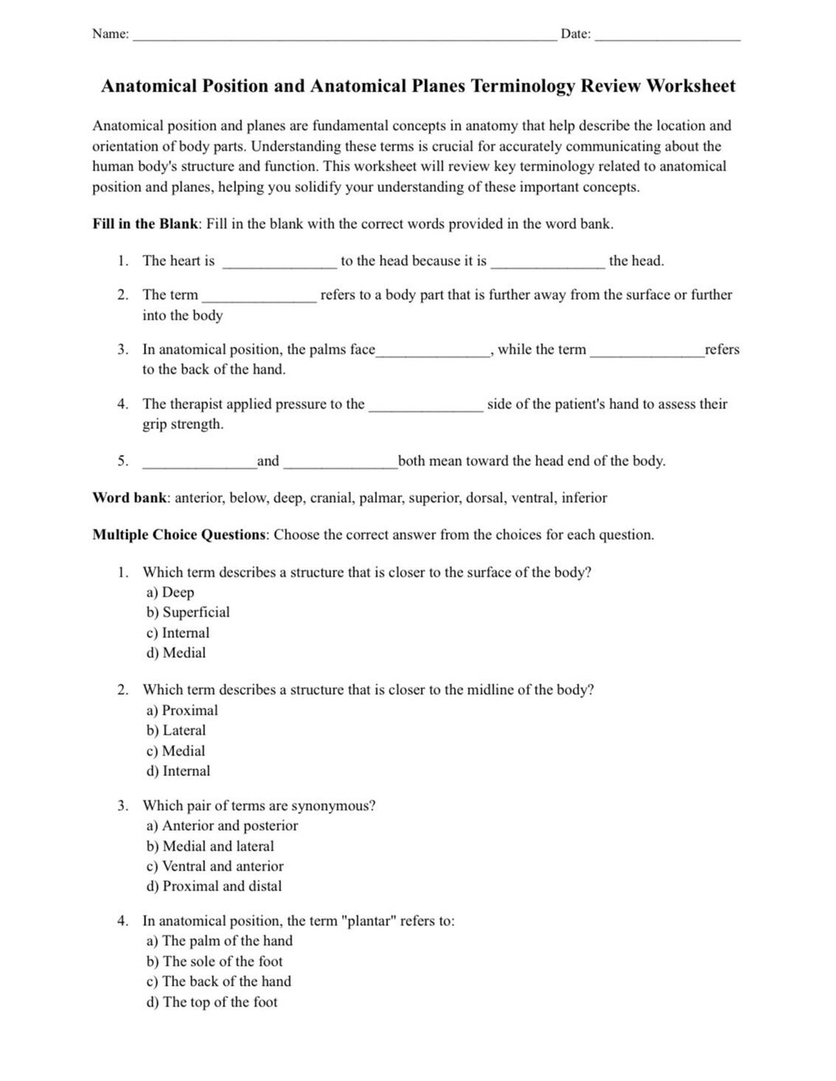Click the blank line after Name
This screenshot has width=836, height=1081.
344,36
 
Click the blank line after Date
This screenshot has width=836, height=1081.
667,36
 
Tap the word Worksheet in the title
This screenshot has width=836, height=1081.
690,86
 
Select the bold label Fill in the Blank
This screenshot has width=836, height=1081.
146,224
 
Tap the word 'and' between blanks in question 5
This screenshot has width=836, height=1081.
268,461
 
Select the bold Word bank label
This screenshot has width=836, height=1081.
129,498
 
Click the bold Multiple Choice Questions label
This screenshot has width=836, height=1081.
180,535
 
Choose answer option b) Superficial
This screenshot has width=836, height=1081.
188,613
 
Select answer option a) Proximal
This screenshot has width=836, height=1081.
182,710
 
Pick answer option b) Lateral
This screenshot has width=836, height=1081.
176,730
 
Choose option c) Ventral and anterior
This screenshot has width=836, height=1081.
214,867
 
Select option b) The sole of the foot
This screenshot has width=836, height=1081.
214,961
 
